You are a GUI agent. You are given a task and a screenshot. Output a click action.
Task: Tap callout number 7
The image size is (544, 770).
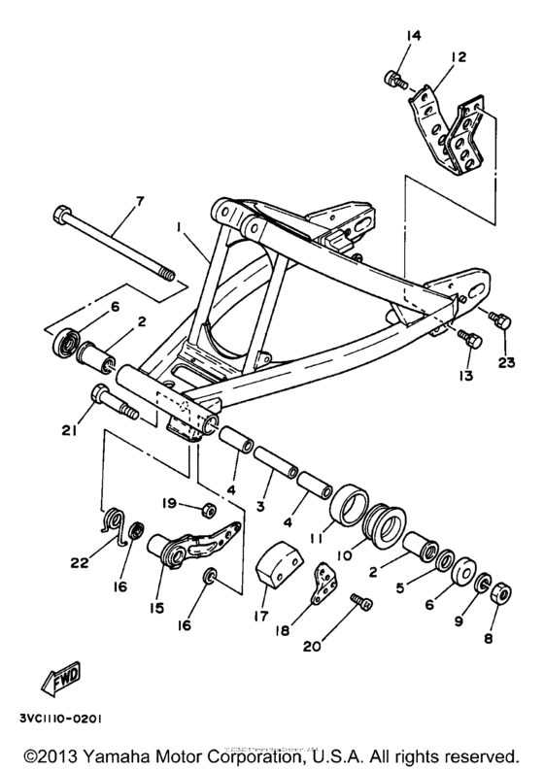tap(138, 201)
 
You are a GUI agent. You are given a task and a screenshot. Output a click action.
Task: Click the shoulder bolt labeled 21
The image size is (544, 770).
tap(109, 399)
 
